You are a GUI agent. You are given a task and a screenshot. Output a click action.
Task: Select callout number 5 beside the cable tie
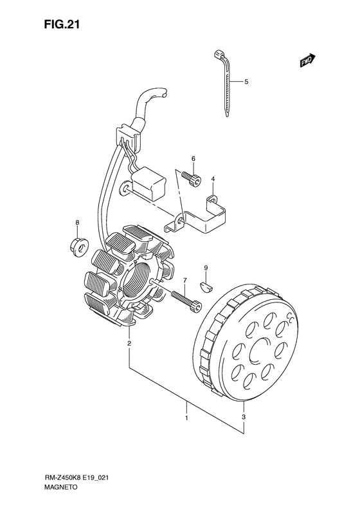(246, 82)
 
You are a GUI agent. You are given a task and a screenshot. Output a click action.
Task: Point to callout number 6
(192, 159)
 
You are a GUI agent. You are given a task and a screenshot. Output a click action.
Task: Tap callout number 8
(76, 223)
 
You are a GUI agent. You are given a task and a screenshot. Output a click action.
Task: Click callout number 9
(206, 268)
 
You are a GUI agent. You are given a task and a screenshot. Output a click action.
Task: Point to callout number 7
(184, 281)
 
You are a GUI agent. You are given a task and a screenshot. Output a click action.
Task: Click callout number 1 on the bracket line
(186, 419)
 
